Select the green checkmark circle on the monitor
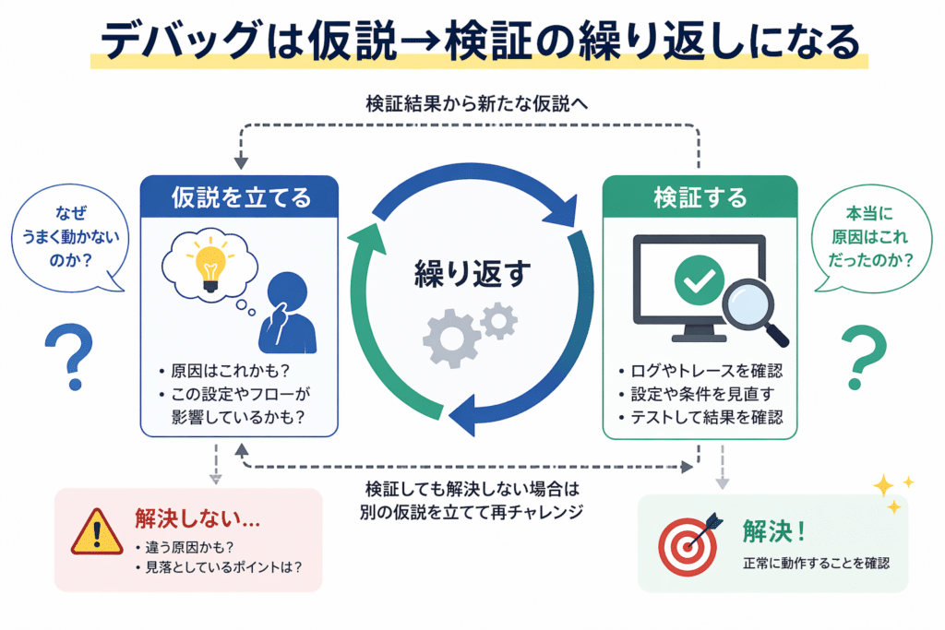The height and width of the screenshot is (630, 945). (699, 278)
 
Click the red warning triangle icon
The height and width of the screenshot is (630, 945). (96, 531)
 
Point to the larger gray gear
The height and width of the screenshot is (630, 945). (449, 338)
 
